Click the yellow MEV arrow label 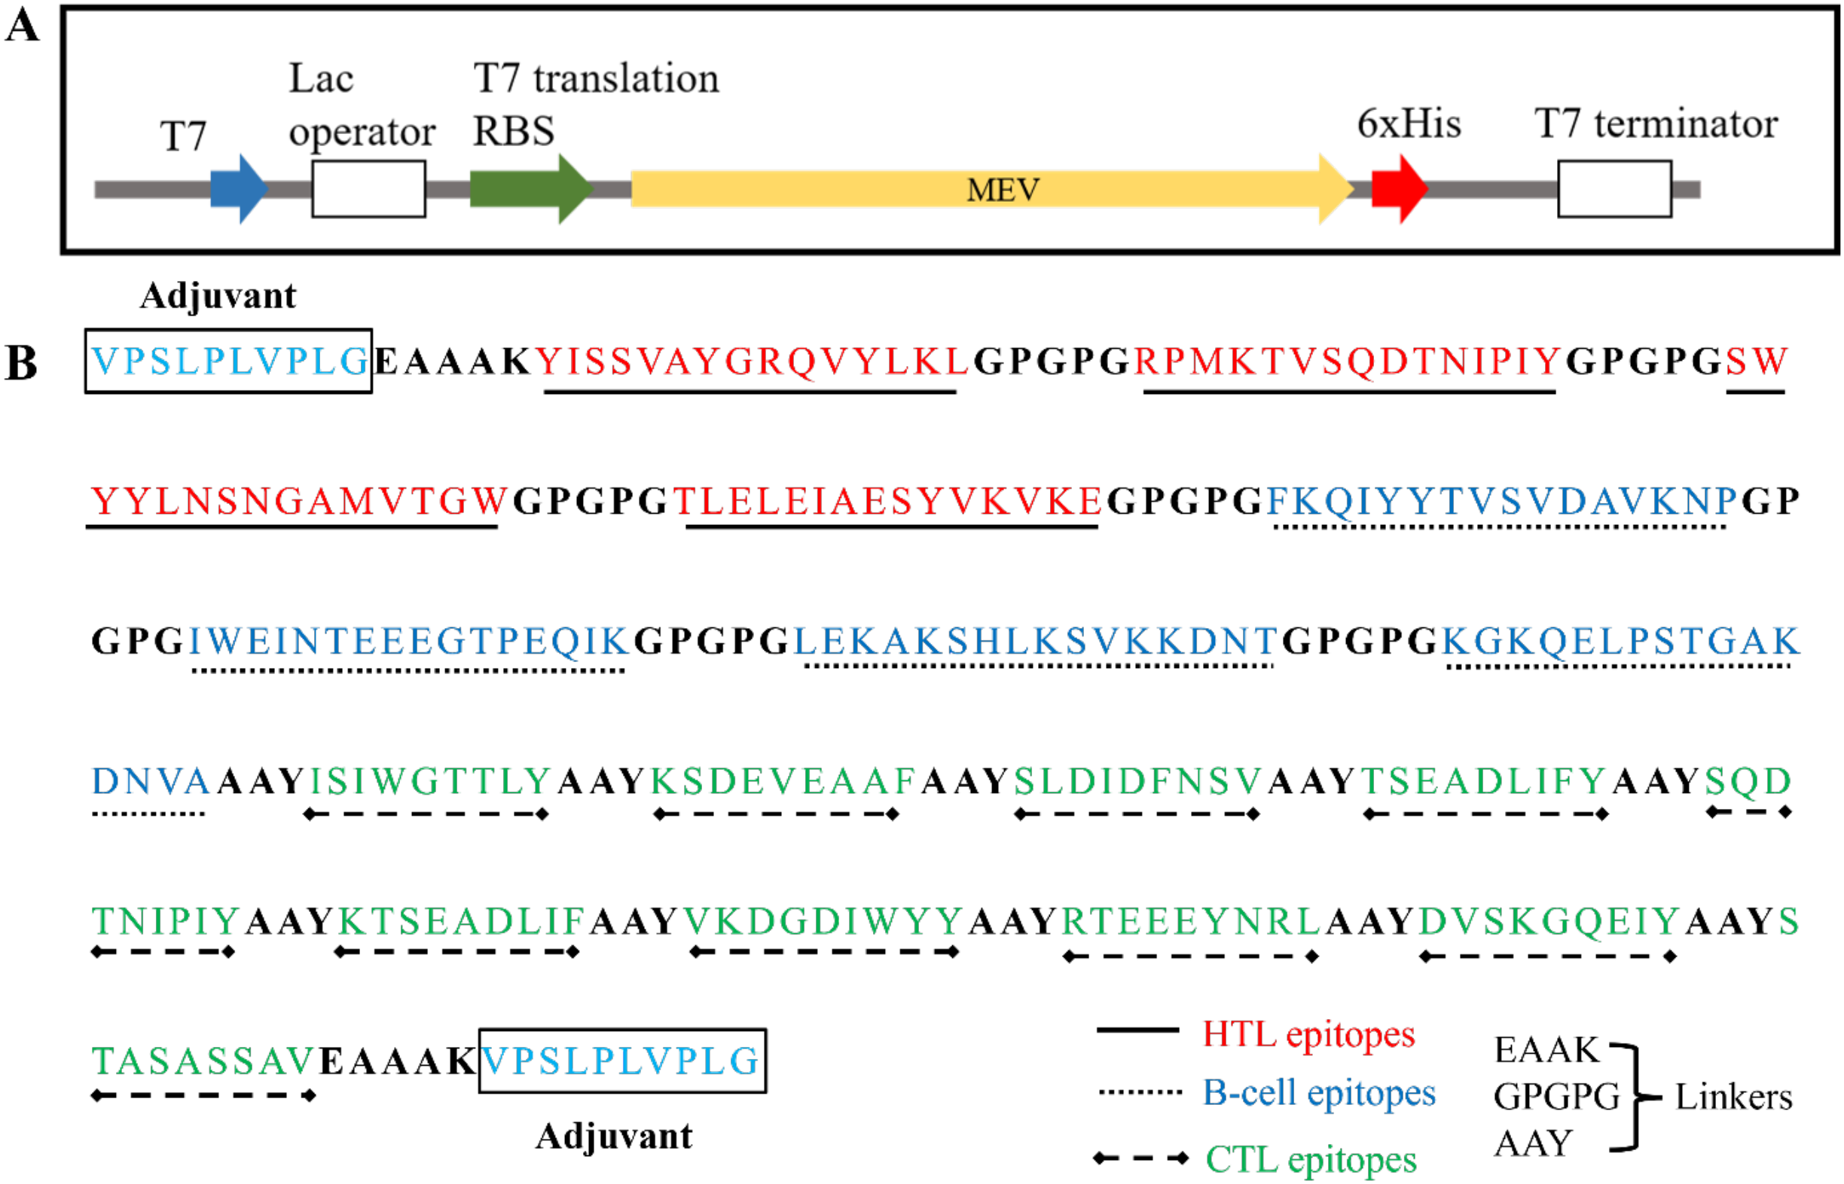click(1003, 190)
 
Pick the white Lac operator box click(368, 189)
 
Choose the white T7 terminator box click(1614, 189)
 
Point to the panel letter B click(22, 363)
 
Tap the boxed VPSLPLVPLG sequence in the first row click(228, 362)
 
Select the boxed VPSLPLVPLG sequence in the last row click(622, 1061)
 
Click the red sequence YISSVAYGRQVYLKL click(750, 362)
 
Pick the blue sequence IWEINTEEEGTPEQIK click(409, 641)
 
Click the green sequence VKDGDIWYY click(823, 921)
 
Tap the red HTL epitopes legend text click(1308, 1035)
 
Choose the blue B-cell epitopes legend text click(1319, 1093)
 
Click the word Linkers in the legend click(1733, 1097)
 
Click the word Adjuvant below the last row click(614, 1137)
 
